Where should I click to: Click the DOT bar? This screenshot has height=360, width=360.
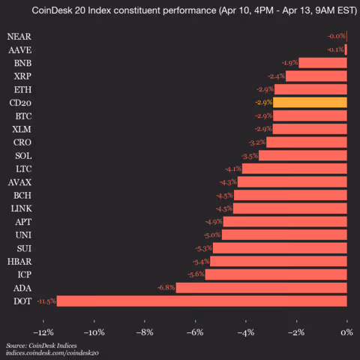click(x=202, y=301)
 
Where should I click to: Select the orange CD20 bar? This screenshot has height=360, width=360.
click(x=310, y=102)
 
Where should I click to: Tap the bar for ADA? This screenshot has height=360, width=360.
click(x=261, y=287)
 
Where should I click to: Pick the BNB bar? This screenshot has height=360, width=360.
click(x=323, y=63)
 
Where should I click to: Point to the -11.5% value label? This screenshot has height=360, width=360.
click(x=46, y=301)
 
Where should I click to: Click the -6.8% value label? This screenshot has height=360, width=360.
click(x=166, y=287)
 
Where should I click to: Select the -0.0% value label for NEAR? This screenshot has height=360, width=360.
click(x=337, y=36)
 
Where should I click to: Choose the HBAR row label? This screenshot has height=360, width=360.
click(x=19, y=261)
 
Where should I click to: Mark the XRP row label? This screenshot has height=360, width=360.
click(x=22, y=76)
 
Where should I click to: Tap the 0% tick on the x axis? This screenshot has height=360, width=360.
click(x=347, y=331)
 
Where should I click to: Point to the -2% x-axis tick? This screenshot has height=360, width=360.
click(x=296, y=331)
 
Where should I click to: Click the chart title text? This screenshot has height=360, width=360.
click(x=180, y=11)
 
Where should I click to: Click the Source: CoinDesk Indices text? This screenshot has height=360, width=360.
click(x=36, y=345)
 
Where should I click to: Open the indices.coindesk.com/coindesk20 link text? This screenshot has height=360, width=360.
click(x=52, y=352)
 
